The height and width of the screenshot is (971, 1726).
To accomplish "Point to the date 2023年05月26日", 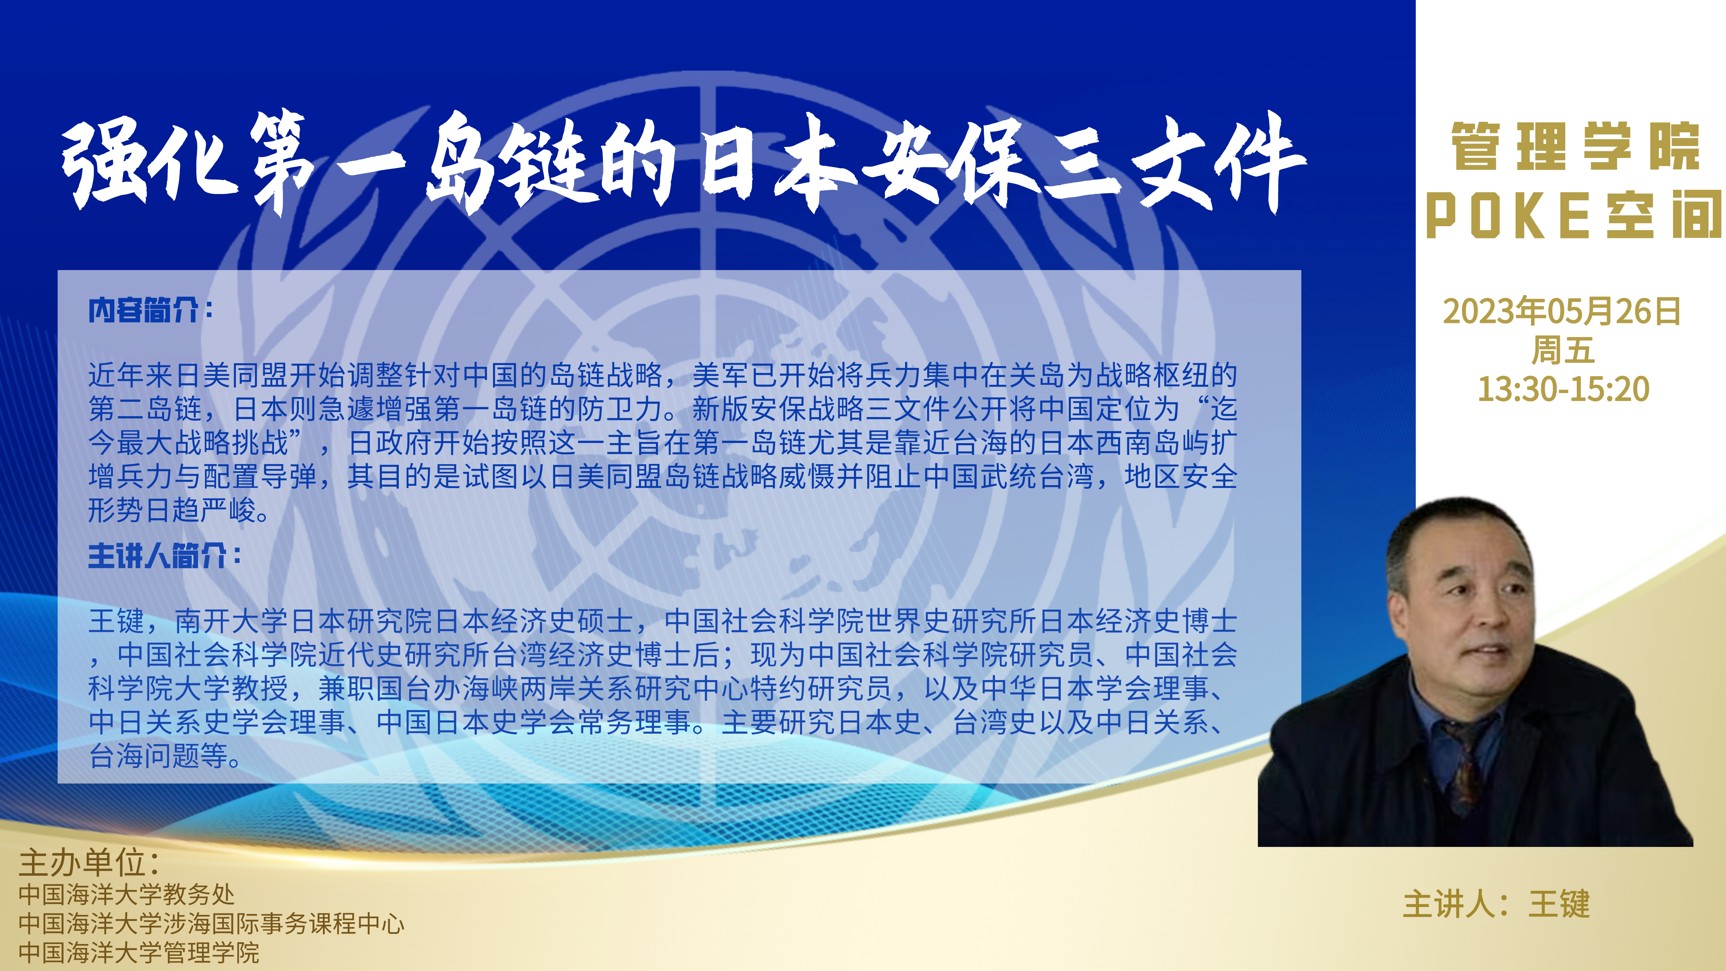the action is pos(1562,311).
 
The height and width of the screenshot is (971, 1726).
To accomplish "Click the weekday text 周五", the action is pos(1562,350).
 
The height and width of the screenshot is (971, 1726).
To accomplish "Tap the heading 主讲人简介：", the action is pos(165,556).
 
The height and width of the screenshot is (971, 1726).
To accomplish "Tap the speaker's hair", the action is pos(1451,536).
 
